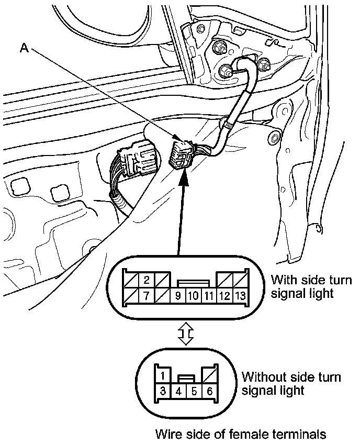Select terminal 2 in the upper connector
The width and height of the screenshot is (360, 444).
pos(147,280)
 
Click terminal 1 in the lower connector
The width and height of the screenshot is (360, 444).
pos(164,375)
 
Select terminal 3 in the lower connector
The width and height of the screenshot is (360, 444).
pos(164,390)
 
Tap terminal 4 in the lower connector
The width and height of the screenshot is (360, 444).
pos(178,390)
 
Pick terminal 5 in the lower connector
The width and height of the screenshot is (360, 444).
pos(194,390)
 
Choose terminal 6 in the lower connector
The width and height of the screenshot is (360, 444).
pos(209,390)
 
